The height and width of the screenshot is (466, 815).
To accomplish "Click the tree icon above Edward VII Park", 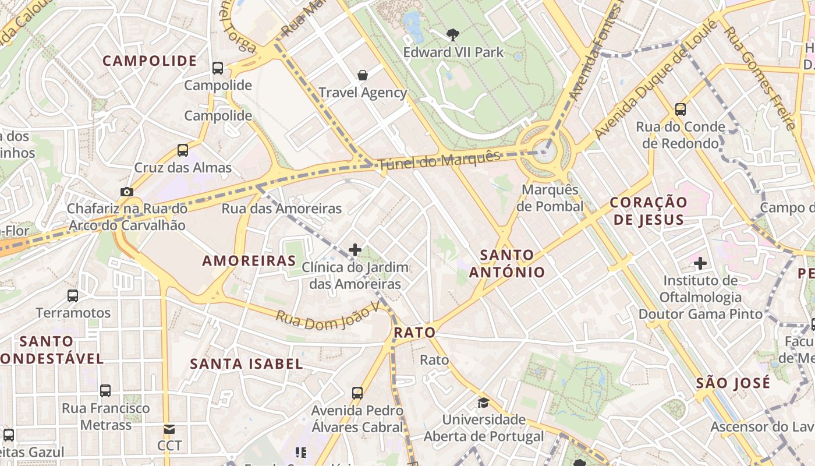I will pyautogui.click(x=452, y=35).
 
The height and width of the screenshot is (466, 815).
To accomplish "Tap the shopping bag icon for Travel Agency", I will pyautogui.click(x=363, y=75).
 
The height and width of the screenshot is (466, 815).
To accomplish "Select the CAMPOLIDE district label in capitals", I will pyautogui.click(x=150, y=61).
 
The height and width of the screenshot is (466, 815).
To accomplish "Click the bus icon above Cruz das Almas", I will pyautogui.click(x=183, y=150).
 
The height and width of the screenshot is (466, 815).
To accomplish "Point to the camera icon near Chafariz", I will pyautogui.click(x=126, y=192).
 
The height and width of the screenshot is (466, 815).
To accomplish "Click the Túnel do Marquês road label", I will pyautogui.click(x=439, y=159).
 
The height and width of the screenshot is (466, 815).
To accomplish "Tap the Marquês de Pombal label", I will pyautogui.click(x=550, y=198).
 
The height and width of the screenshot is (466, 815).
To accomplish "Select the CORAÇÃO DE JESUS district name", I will pyautogui.click(x=649, y=211).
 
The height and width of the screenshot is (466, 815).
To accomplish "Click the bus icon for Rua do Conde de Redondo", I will pyautogui.click(x=680, y=109).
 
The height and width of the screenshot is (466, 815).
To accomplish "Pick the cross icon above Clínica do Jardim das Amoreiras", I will pyautogui.click(x=355, y=250).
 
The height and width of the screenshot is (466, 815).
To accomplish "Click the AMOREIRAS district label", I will pyautogui.click(x=249, y=261).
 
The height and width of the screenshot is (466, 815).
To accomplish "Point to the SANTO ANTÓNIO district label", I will pyautogui.click(x=507, y=263).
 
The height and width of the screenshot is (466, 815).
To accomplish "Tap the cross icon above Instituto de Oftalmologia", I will pyautogui.click(x=700, y=263).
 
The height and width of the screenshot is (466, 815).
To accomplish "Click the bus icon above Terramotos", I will pyautogui.click(x=73, y=296).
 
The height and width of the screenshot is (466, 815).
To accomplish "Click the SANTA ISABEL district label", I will pyautogui.click(x=246, y=364).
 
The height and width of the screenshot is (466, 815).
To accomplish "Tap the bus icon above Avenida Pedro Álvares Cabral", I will pyautogui.click(x=357, y=393).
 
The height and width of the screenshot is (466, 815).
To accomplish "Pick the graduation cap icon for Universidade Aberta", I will pyautogui.click(x=483, y=403).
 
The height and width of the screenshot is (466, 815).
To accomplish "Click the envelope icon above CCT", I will pyautogui.click(x=169, y=429).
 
